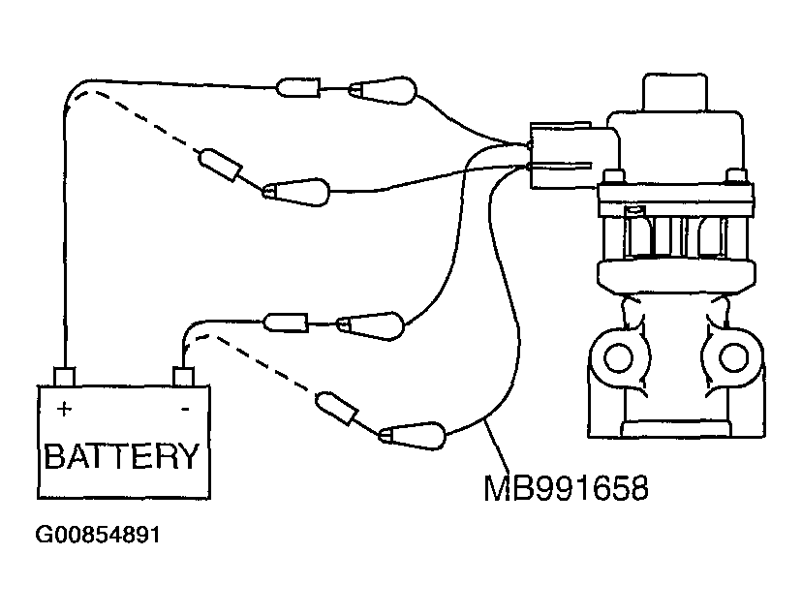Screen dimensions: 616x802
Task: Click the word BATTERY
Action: (x=122, y=454)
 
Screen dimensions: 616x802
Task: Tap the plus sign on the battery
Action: (x=64, y=409)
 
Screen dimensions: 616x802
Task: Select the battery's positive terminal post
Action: (x=65, y=376)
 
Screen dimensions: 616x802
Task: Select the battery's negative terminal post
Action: (x=182, y=376)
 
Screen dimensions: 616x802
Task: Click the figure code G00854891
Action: (x=97, y=535)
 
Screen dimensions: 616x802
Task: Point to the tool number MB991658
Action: (x=566, y=486)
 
